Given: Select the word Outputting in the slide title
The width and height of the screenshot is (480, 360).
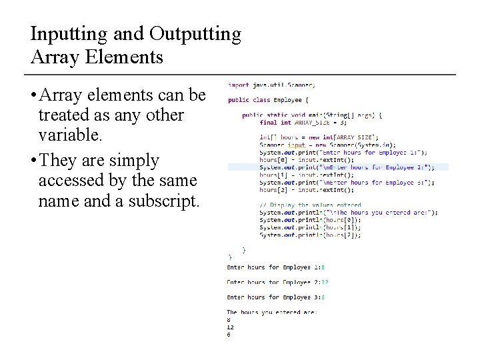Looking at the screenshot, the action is (195, 34).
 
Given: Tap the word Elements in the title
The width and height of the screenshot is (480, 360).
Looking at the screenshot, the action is (124, 57).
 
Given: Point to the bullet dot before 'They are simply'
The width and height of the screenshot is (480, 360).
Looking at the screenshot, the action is (33, 161).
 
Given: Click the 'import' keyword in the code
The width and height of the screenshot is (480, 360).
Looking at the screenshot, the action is (239, 85).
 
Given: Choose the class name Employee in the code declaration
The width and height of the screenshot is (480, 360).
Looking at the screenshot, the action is (287, 100).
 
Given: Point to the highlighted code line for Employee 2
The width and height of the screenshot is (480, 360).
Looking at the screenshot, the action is (347, 167).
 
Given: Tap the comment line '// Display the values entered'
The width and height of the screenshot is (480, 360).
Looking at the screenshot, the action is (310, 205).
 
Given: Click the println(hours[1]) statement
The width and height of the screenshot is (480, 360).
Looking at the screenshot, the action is (310, 227).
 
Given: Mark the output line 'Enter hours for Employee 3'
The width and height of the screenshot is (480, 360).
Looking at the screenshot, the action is (275, 297).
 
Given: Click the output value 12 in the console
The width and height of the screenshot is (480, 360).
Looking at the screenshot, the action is (230, 327).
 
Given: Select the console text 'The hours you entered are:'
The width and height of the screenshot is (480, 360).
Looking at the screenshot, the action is (271, 312).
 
